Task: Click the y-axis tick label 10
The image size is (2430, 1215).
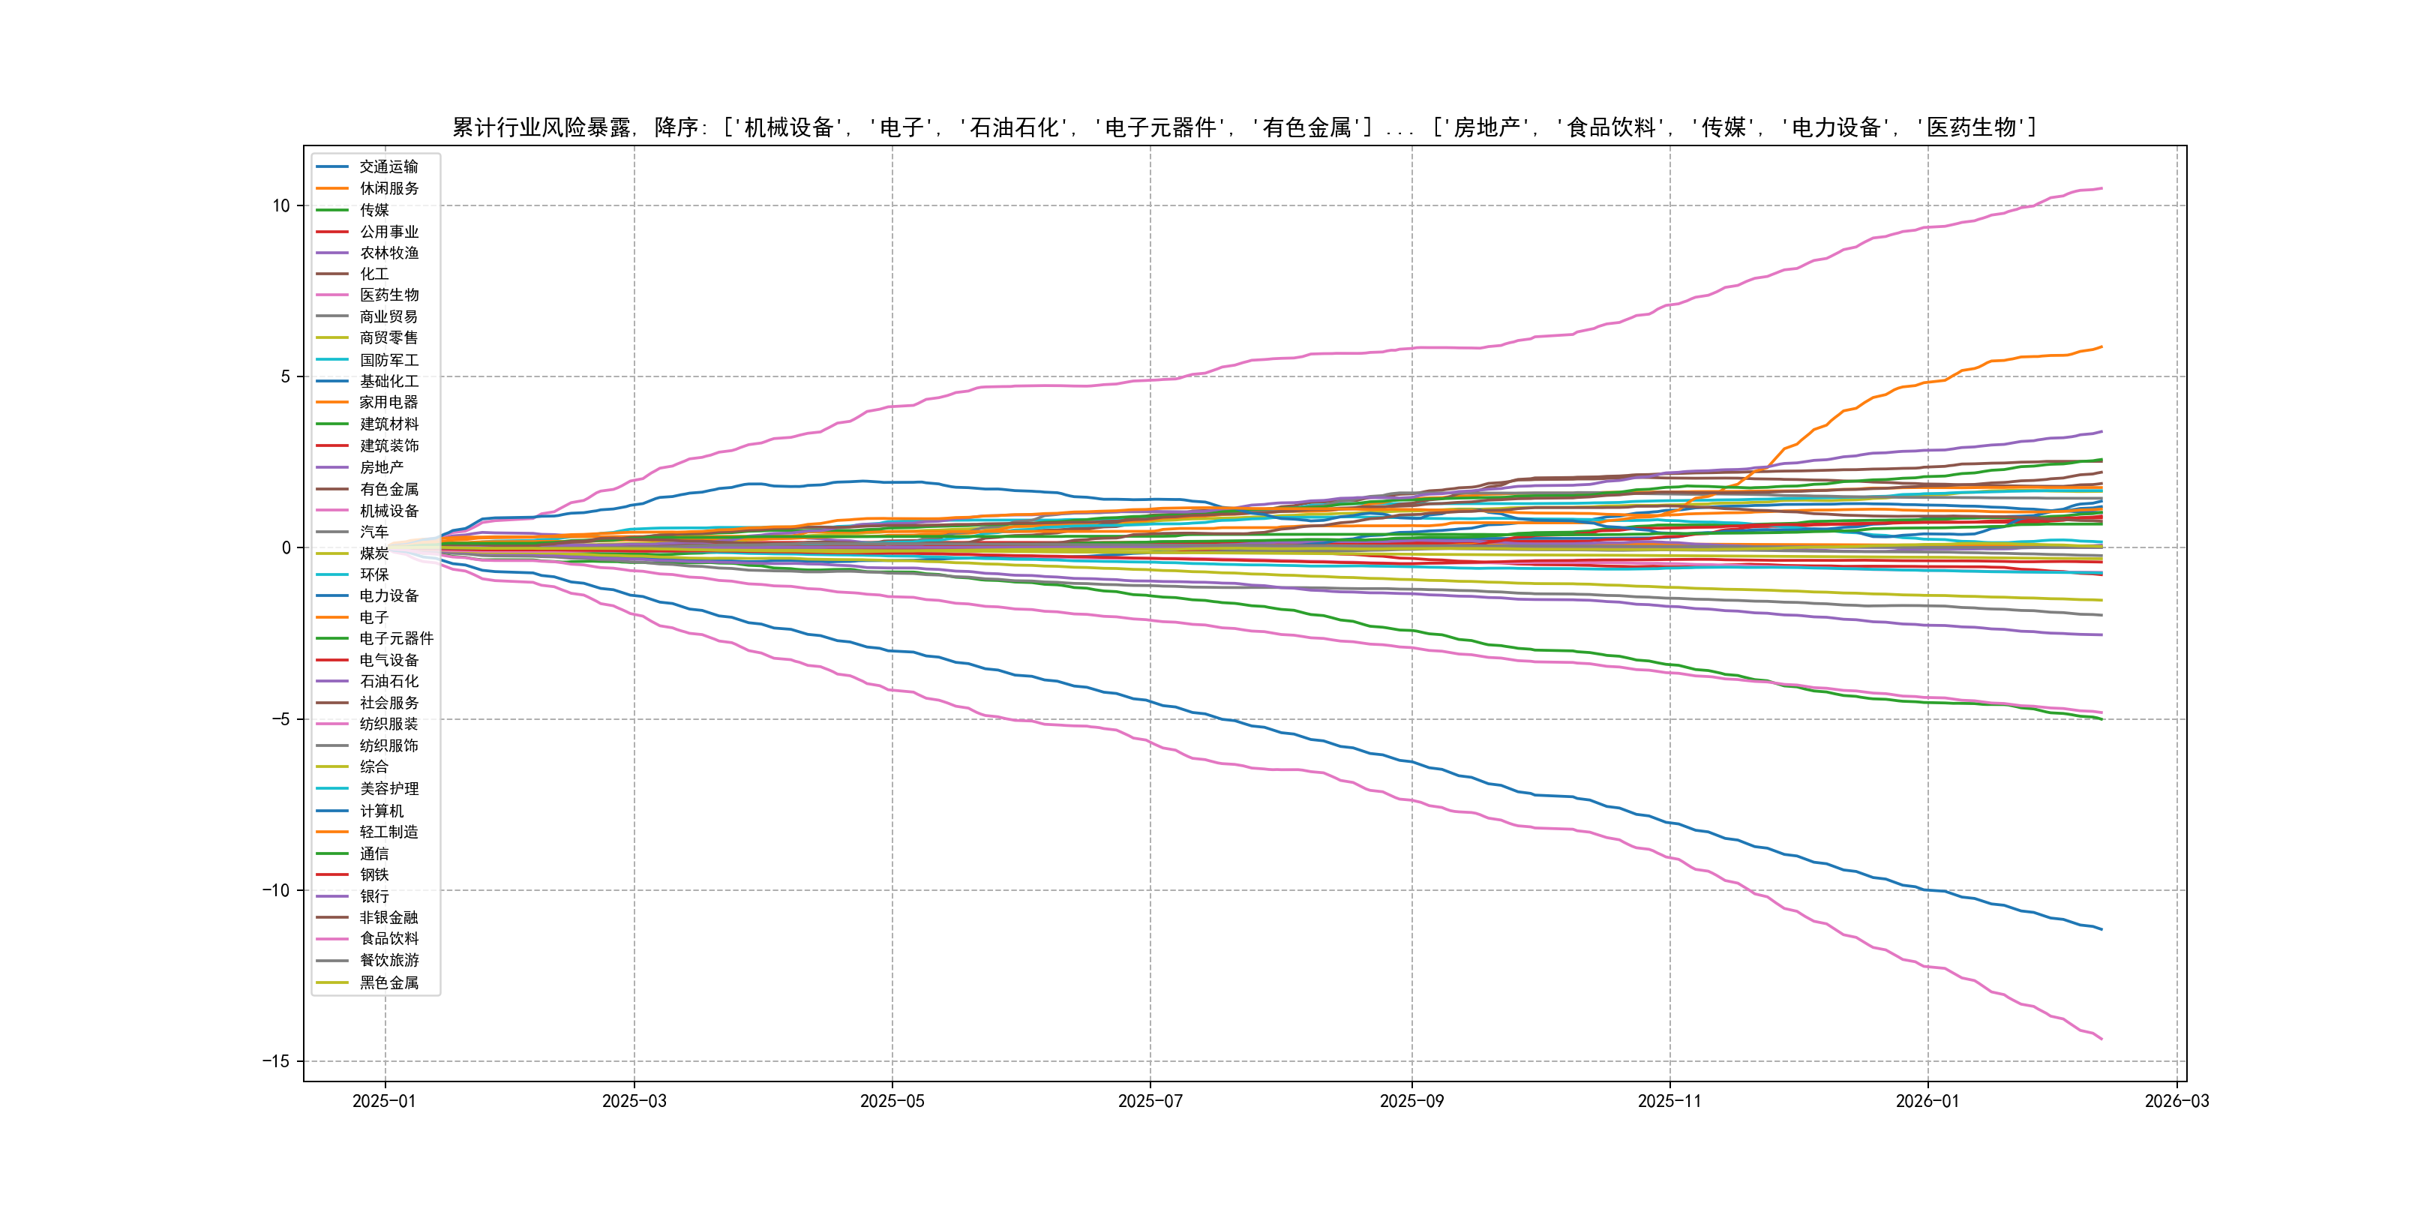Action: pos(281,205)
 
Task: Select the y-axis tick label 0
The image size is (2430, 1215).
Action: pos(286,548)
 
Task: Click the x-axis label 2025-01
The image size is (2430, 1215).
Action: pos(384,1101)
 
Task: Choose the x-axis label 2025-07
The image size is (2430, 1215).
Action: pos(1150,1101)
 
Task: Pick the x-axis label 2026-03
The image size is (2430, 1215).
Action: pos(2176,1101)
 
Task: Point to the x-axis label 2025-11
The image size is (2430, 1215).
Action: pos(1669,1101)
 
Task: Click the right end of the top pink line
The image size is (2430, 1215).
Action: pos(2101,189)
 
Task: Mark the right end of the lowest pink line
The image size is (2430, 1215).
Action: pos(2101,1039)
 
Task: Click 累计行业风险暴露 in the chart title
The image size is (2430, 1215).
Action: pos(541,127)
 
